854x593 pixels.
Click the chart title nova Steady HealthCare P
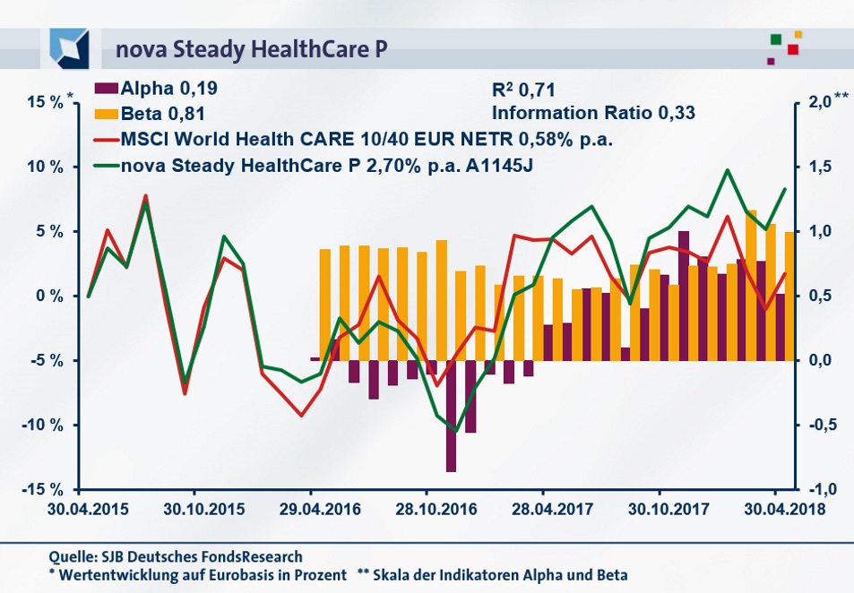point(251,49)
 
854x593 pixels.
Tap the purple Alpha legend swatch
point(105,89)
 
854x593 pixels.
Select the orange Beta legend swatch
point(105,114)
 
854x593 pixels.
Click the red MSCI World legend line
point(105,140)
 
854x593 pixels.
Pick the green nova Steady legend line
point(105,166)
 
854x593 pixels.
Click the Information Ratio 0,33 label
point(593,114)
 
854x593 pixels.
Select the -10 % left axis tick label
point(42,425)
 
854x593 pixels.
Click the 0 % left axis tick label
point(47,296)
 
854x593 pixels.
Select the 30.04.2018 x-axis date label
point(774,508)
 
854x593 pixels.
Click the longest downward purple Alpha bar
point(452,416)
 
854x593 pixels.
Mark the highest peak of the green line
point(727,170)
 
